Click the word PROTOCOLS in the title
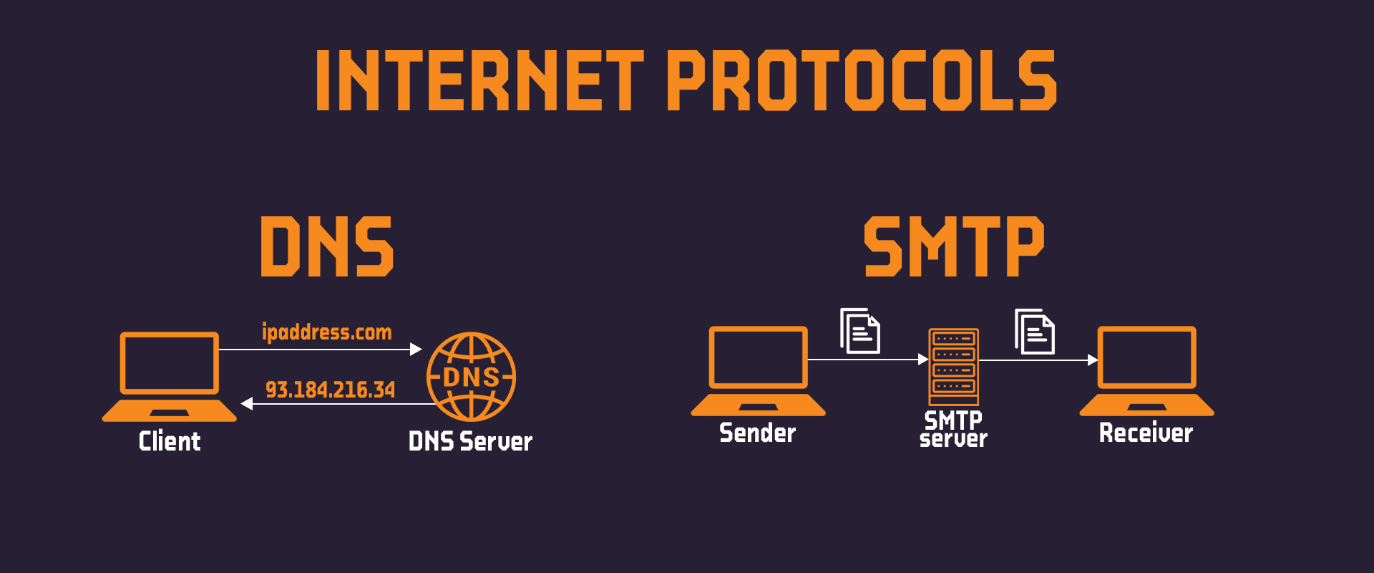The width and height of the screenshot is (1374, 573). (862, 80)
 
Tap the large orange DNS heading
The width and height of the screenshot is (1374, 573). (327, 246)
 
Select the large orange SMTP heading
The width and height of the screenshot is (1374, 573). (954, 246)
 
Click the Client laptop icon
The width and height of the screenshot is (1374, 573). (170, 377)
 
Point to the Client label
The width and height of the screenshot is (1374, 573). (170, 441)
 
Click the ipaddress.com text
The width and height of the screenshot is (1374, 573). (327, 332)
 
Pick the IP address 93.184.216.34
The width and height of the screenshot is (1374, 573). (330, 390)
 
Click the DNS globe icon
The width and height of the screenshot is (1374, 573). (472, 377)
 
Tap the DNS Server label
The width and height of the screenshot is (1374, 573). (470, 441)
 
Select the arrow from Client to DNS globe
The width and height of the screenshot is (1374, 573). (321, 350)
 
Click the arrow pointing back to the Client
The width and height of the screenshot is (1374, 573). (338, 404)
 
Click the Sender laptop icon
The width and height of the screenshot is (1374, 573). (759, 371)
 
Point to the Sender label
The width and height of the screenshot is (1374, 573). (758, 433)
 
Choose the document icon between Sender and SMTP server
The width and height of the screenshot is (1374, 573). (860, 331)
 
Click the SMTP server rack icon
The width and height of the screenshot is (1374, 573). (954, 367)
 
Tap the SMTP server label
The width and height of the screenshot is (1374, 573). (954, 429)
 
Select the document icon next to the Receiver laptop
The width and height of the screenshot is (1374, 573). (1035, 331)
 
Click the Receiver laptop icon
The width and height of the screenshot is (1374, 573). (1147, 371)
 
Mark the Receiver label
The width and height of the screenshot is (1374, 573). (1146, 433)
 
